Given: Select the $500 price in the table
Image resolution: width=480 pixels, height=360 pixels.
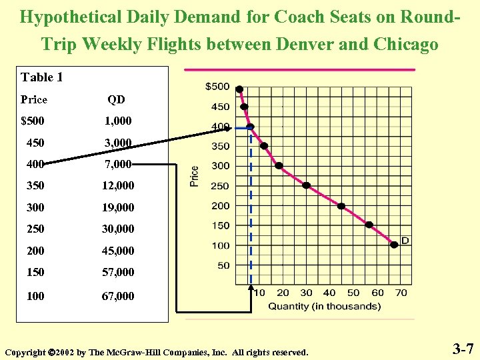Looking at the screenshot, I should pos(34,121).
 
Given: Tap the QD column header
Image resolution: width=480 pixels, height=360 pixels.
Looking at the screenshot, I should pos(117,99).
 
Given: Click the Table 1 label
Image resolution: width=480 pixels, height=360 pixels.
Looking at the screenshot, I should pos(42,77).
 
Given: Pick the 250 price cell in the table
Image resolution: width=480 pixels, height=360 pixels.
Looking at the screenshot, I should pos(35,229).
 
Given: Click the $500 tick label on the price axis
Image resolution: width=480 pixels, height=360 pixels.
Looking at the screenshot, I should pos(217,87).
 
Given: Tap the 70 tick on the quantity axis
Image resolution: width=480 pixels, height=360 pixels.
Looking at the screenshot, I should pos(401,293).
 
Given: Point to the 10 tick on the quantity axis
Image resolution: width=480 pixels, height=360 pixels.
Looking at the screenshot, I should pos(259,293).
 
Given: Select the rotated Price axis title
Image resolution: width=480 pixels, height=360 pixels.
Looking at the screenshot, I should pos(195,176).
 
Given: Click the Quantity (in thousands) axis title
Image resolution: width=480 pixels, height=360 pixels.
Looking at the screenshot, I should pos(325,307).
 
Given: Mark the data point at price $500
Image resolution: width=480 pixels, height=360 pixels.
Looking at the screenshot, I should pos(239,89).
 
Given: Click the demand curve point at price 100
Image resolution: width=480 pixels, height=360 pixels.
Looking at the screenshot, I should pos(394,245).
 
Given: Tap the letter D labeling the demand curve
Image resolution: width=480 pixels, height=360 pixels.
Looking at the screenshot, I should pos(405,240).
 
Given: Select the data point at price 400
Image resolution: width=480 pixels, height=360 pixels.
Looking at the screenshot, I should pos(250,127).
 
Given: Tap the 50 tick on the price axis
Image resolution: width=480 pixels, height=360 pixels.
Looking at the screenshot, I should pos(222,265).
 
